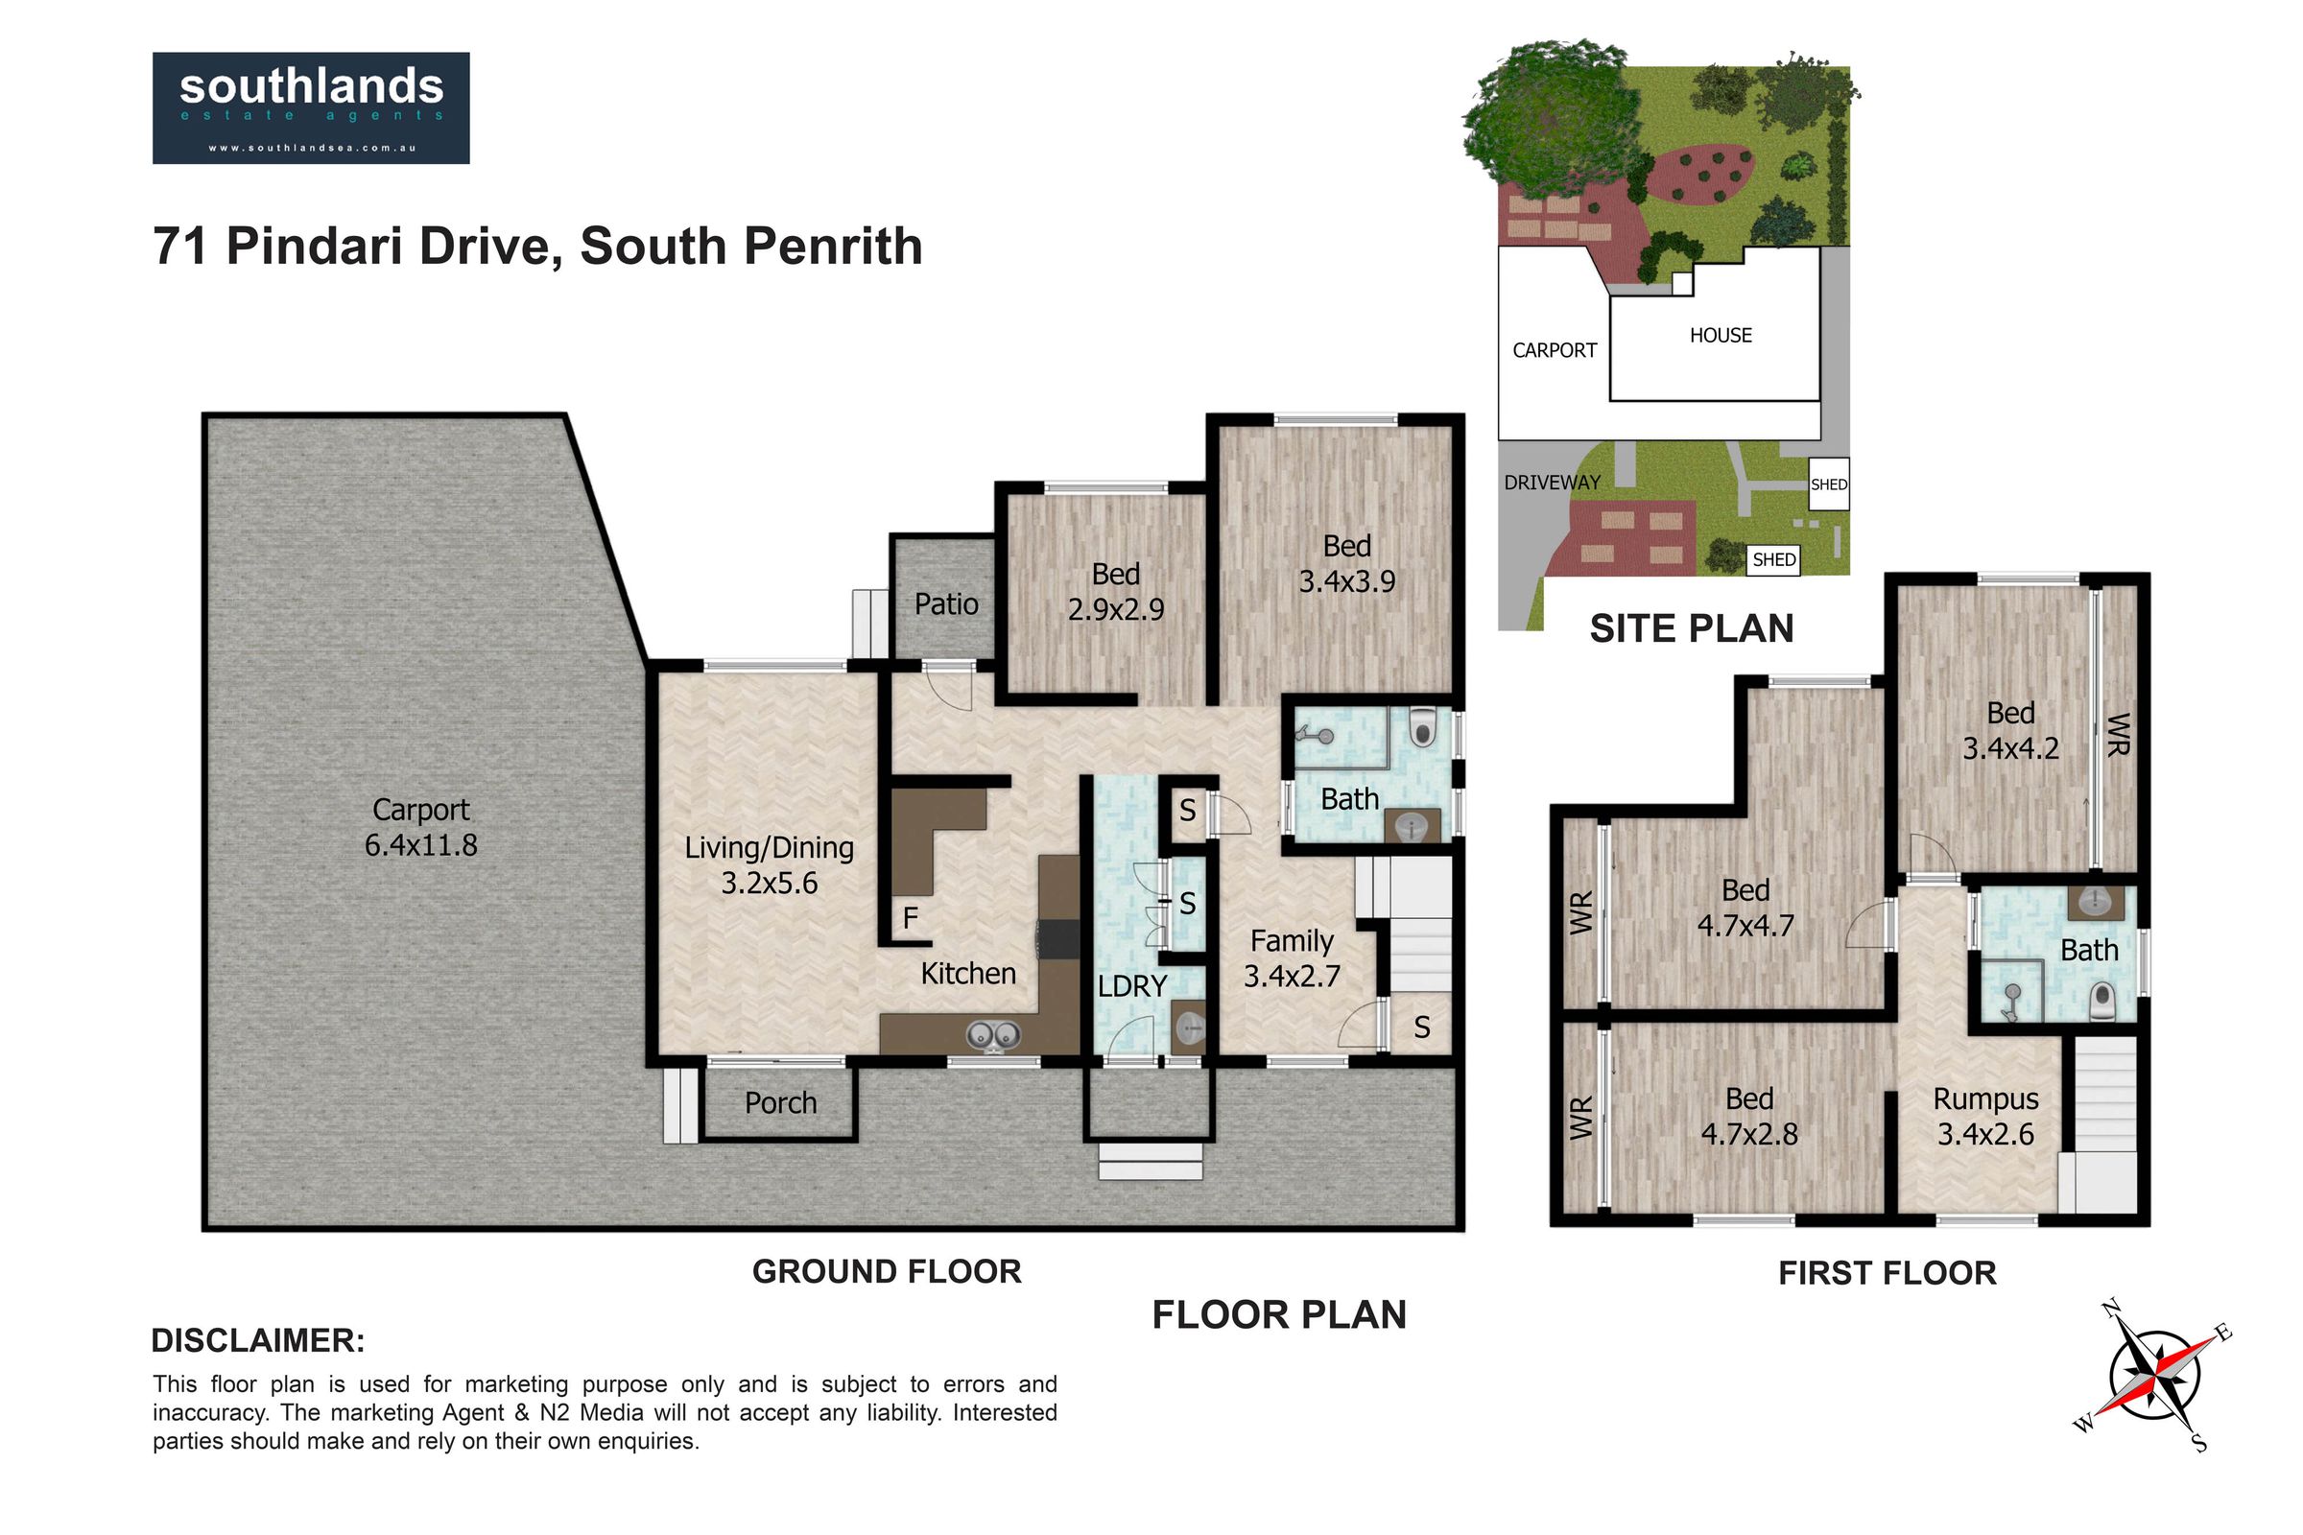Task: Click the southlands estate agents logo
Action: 310,107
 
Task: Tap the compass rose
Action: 2154,1376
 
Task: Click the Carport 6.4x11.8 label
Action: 421,827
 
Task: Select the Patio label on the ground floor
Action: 946,604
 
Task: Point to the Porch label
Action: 780,1103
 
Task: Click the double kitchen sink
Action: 994,1034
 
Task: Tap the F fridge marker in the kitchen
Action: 911,918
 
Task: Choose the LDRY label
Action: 1132,987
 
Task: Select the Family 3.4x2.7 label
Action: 1292,958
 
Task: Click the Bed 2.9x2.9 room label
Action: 1116,591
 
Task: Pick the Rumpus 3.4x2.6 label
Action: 1985,1117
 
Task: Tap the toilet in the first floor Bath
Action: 2102,1002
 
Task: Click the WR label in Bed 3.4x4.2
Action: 2118,734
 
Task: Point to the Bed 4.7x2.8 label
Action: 1749,1117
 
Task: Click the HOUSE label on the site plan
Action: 1721,336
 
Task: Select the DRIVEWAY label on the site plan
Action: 1552,483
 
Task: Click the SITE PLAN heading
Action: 1692,628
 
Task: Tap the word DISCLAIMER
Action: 257,1341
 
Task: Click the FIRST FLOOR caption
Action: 1888,1274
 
